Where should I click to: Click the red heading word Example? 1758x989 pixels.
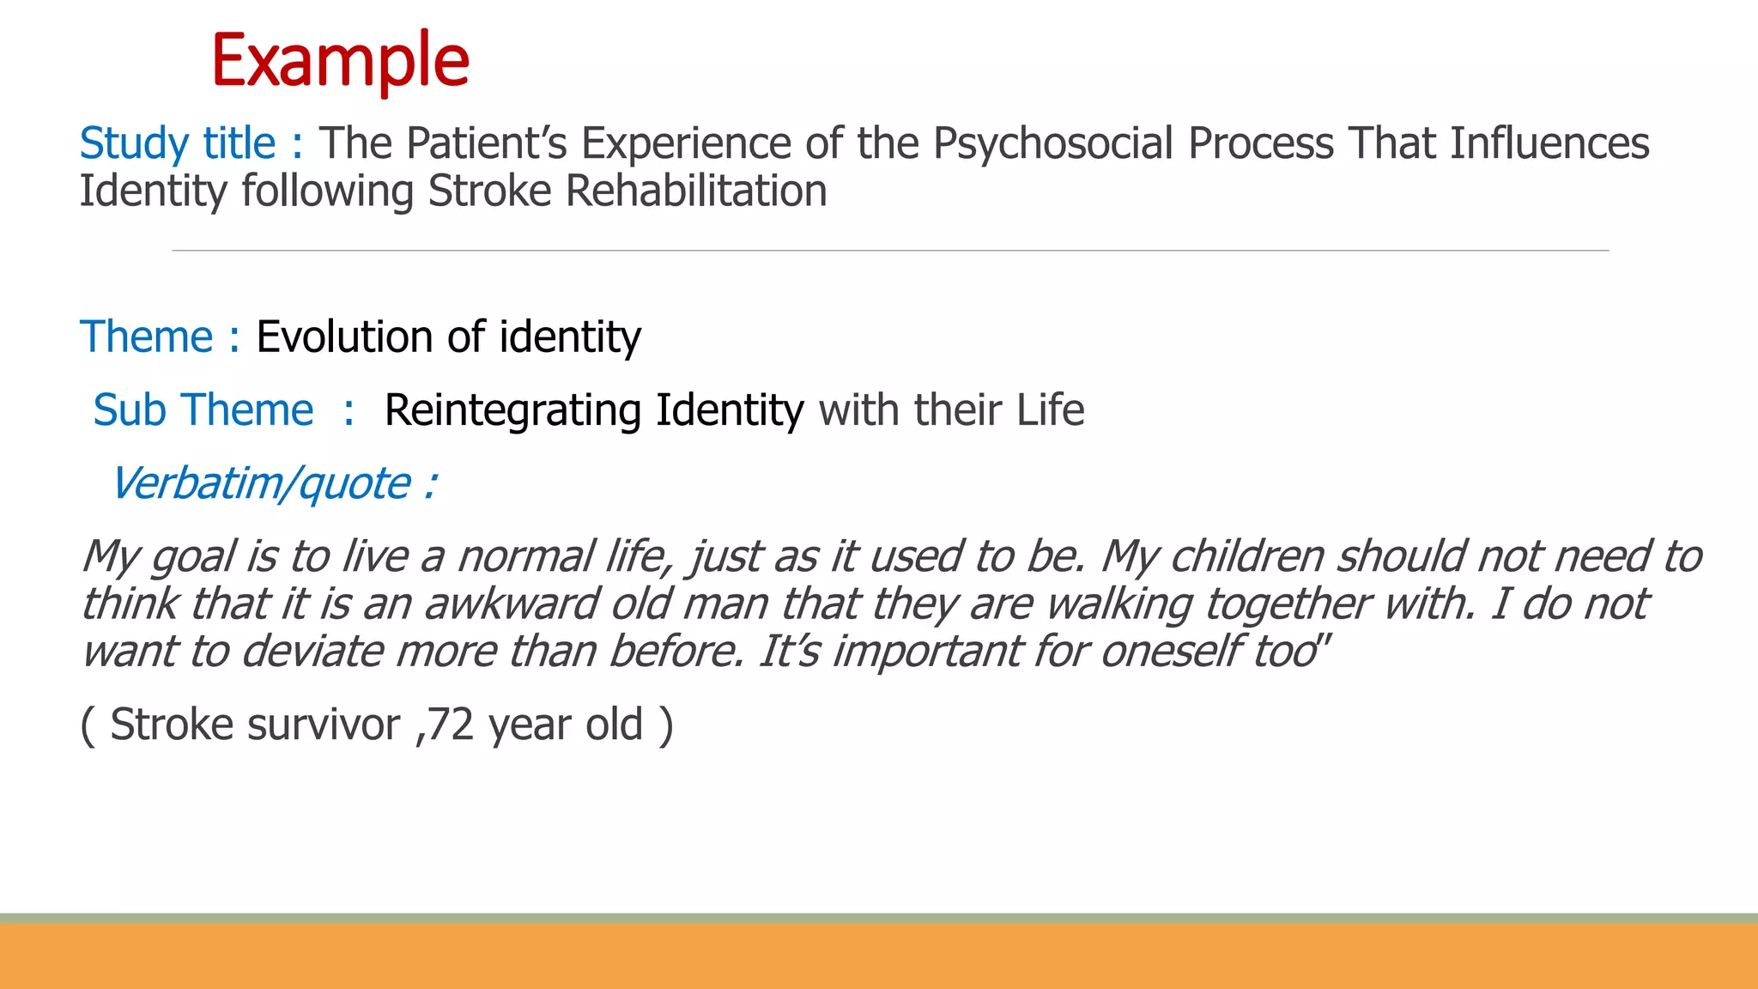(x=340, y=60)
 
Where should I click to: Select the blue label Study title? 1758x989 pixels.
(x=178, y=143)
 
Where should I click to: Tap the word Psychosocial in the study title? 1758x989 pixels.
(x=1053, y=143)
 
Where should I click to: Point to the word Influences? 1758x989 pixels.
(x=1549, y=143)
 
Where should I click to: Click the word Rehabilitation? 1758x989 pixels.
(x=696, y=191)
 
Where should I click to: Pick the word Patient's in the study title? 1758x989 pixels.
(x=487, y=143)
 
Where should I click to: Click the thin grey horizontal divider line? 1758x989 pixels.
(x=890, y=251)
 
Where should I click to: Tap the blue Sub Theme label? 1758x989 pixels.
(x=203, y=410)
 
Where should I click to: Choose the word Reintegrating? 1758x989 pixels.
(x=512, y=410)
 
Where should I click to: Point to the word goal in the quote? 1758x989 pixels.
(x=193, y=557)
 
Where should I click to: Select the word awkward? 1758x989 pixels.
(x=511, y=604)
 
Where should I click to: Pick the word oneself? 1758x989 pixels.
(x=1171, y=652)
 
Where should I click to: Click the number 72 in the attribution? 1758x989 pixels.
(x=450, y=725)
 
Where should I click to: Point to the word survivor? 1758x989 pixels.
(x=324, y=725)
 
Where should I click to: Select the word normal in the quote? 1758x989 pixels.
(x=525, y=557)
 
